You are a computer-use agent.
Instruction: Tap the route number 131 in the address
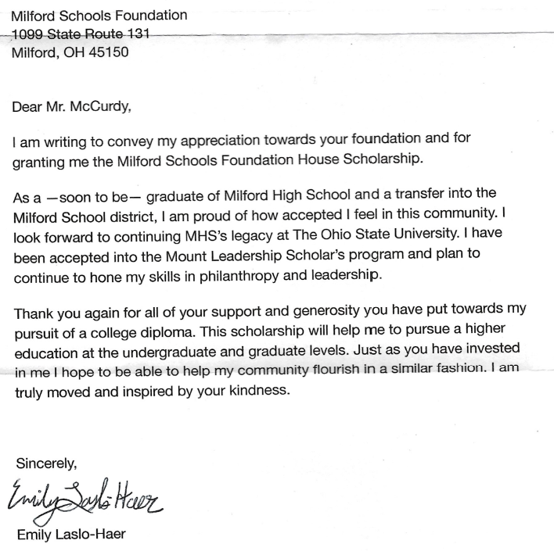138,34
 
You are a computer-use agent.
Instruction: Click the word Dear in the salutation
27,108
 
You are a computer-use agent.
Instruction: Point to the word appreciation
246,143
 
